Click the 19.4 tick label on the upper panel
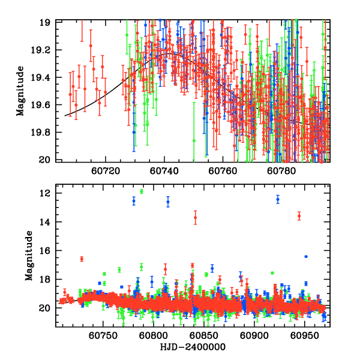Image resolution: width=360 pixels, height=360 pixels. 44,77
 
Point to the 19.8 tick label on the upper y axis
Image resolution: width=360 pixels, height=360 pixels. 44,133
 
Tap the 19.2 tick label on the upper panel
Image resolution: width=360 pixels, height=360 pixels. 44,50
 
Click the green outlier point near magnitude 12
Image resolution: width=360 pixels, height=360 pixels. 142,191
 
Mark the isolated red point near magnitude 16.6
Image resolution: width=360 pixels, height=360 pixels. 82,259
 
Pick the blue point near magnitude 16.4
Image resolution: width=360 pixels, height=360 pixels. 306,256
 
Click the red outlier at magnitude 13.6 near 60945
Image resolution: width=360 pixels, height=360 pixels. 299,215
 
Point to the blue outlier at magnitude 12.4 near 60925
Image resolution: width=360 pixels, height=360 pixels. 278,199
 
